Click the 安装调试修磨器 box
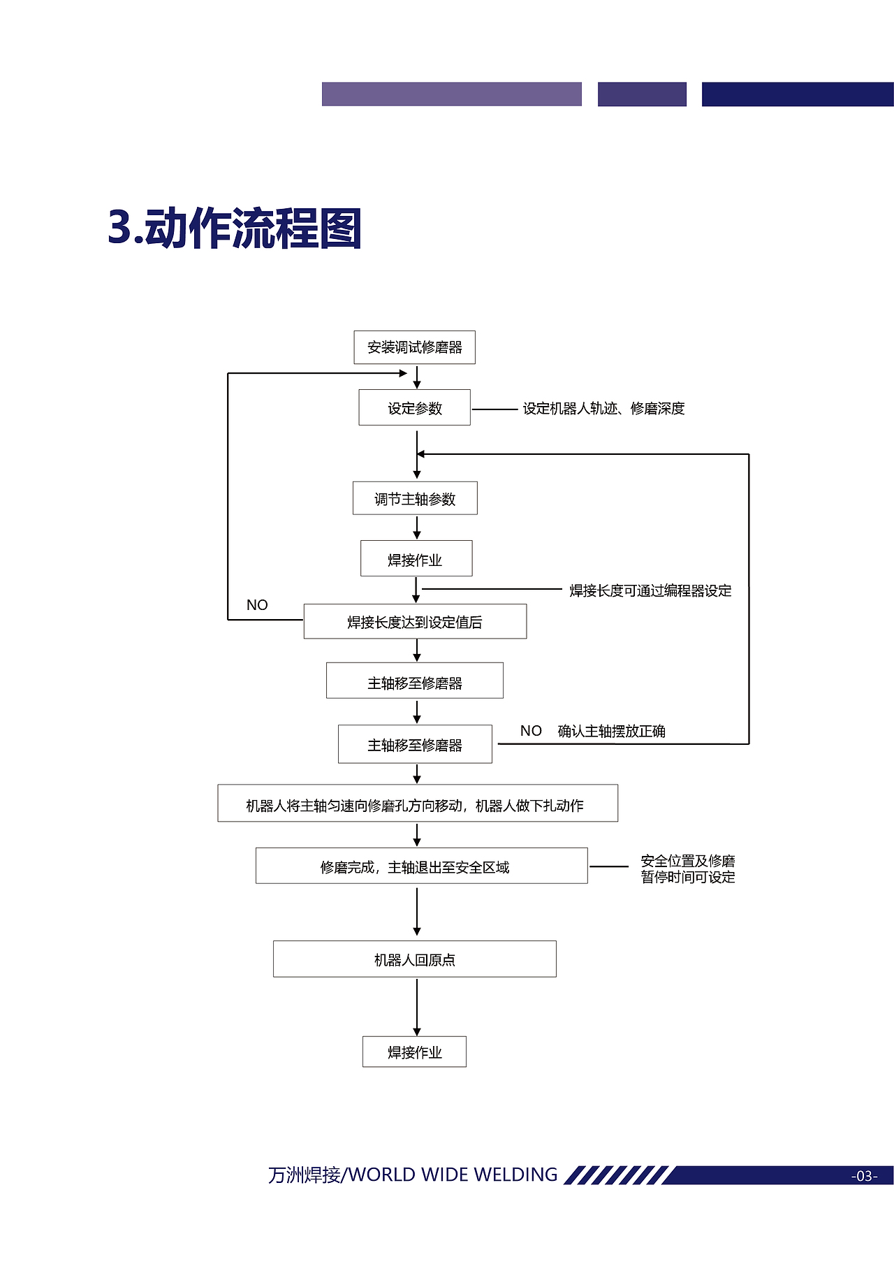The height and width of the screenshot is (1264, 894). tap(414, 347)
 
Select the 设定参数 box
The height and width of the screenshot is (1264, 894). tap(414, 408)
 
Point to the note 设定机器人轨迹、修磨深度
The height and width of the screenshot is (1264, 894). tap(603, 409)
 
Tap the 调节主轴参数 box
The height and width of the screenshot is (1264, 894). tap(415, 499)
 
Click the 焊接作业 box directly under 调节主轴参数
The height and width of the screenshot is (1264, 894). tap(416, 559)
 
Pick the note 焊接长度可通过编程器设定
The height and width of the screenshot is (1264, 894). tap(650, 591)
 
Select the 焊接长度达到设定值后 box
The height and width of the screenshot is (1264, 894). tap(415, 622)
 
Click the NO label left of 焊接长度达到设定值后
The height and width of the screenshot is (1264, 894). tap(257, 605)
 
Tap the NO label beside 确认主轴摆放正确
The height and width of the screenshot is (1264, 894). tap(531, 731)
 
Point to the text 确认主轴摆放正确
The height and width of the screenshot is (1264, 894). tap(611, 732)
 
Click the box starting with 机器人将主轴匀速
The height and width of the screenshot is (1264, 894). tap(417, 804)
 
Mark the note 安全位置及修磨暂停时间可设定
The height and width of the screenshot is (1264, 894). tap(688, 869)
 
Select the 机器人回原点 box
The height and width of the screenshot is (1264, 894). tap(414, 959)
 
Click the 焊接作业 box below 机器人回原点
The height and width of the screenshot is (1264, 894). tap(414, 1052)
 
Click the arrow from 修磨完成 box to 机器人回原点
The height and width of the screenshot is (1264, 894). tap(417, 911)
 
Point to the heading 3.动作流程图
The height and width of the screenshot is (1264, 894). tap(235, 228)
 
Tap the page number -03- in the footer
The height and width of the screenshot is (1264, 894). tap(864, 1176)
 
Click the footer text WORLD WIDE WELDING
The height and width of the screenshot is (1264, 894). tap(453, 1175)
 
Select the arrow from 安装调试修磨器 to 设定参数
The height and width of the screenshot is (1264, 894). tap(417, 377)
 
